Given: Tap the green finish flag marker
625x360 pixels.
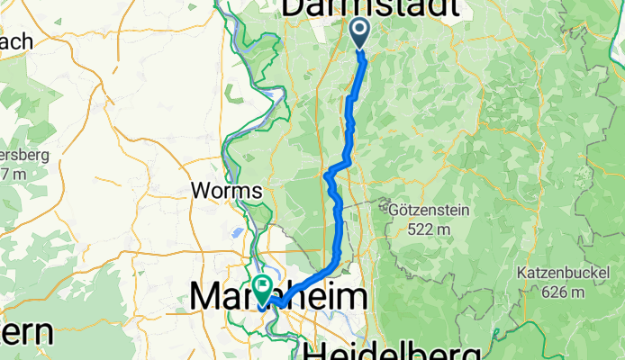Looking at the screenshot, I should point(262,289).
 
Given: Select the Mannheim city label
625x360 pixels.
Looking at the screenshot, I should point(279,297).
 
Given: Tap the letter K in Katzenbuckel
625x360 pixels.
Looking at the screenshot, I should point(522,272).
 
